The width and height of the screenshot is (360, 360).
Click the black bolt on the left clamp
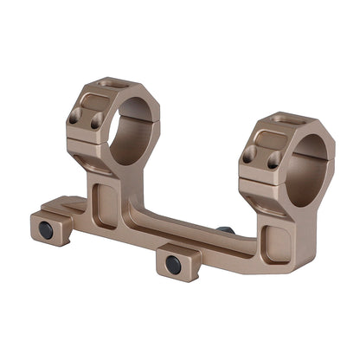click(x=46, y=229)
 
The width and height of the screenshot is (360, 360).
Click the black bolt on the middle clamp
click(x=174, y=264)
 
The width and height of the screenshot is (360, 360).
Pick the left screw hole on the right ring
click(x=251, y=154)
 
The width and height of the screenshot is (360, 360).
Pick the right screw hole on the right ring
click(x=273, y=162)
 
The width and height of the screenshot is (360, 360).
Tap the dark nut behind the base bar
click(x=225, y=231)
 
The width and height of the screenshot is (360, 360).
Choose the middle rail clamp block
click(x=177, y=260)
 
